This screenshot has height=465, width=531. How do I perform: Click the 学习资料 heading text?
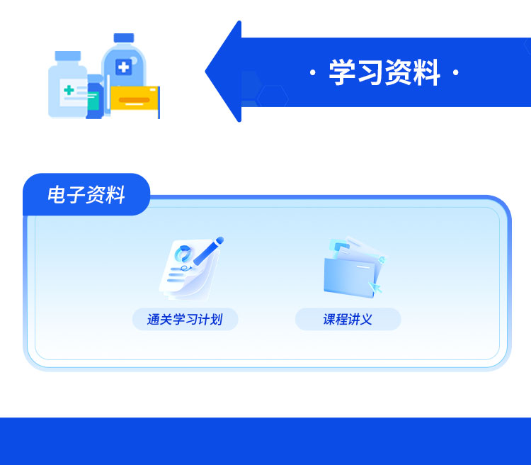[384, 73]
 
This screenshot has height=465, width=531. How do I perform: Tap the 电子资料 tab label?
[86, 195]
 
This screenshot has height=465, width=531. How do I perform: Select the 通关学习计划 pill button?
[185, 320]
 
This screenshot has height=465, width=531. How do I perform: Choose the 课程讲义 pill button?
[348, 320]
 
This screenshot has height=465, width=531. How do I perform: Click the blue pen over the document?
[205, 251]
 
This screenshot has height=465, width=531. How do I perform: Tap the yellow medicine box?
[134, 98]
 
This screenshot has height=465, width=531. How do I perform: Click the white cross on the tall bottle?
[124, 68]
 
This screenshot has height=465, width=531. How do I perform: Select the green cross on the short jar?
[69, 90]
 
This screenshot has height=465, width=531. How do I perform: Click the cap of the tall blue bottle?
[124, 38]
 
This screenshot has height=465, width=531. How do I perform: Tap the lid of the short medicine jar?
[67, 56]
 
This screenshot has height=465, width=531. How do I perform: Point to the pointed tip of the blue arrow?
[208, 72]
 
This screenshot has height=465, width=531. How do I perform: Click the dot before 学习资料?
[313, 74]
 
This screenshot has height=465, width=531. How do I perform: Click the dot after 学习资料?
[455, 74]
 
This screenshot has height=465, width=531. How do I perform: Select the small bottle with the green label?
[94, 99]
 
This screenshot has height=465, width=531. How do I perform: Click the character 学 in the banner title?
[342, 73]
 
